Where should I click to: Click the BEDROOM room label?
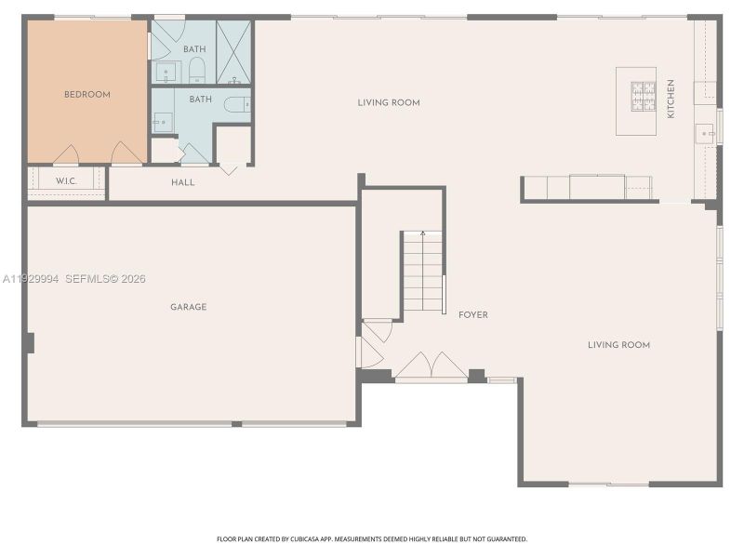coord(86,95)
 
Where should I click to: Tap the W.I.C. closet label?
coord(65,180)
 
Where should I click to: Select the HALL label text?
coord(183,182)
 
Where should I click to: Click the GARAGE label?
coord(188,307)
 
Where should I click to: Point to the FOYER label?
coord(472,315)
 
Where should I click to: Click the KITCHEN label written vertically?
coord(671,99)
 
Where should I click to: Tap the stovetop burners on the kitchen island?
coord(643,97)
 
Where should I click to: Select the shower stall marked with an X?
coord(233,51)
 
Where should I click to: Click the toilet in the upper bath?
coord(197,69)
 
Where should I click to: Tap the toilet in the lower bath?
coord(235,104)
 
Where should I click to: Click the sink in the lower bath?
coord(163,122)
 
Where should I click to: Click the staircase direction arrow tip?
coord(422,233)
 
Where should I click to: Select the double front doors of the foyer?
coord(431,366)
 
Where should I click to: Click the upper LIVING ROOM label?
coord(389,102)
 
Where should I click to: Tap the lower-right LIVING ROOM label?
coord(618,345)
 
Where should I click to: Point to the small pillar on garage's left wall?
coord(30,342)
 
